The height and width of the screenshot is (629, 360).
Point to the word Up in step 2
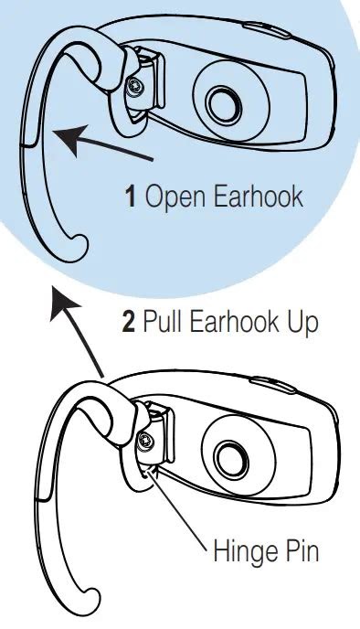click(x=302, y=324)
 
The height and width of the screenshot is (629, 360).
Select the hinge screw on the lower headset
click(x=146, y=443)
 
